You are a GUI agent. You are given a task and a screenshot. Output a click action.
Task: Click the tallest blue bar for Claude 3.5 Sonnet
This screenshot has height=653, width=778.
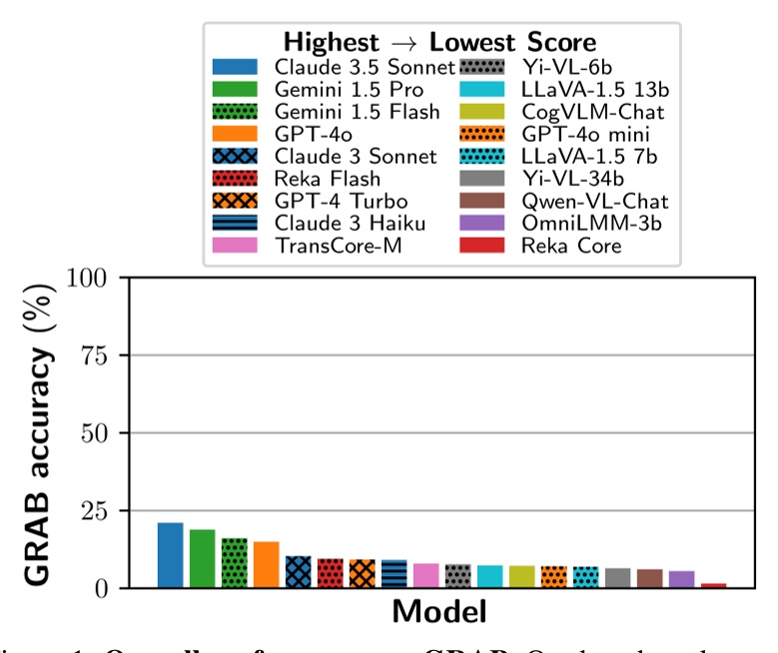[170, 555]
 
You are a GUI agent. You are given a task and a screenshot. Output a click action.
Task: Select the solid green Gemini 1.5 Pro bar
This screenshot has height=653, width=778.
[202, 559]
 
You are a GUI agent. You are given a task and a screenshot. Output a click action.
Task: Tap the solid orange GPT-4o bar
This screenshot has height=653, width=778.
[266, 565]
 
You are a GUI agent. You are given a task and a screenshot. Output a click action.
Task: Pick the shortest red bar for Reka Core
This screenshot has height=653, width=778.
[713, 585]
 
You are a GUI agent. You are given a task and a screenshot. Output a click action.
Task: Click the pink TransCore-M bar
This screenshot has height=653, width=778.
[425, 576]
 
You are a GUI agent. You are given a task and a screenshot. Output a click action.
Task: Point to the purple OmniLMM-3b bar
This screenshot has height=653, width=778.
[681, 579]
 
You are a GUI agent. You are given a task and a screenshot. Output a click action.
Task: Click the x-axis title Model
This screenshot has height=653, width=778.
[439, 611]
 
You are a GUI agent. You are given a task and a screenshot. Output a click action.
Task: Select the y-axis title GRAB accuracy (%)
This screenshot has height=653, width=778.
[36, 431]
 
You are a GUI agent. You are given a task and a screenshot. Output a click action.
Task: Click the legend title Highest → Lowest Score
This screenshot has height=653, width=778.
[440, 42]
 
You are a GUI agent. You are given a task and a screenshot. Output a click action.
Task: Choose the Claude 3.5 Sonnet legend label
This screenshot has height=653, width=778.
[365, 68]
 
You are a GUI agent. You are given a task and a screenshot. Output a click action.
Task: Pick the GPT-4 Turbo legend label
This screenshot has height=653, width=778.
[335, 200]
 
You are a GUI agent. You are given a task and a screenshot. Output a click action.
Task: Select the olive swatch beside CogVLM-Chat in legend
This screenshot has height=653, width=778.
[486, 112]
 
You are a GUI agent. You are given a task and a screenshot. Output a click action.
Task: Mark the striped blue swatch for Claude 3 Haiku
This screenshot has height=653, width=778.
[235, 222]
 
